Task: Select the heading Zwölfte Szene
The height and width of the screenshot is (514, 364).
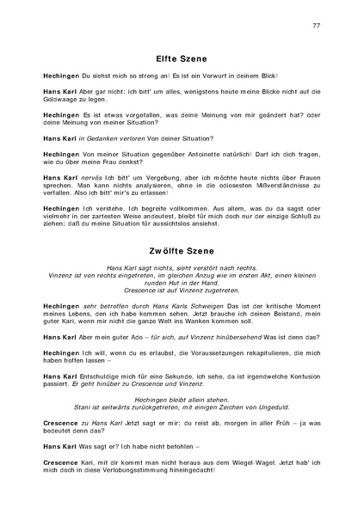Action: pos(182,229)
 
